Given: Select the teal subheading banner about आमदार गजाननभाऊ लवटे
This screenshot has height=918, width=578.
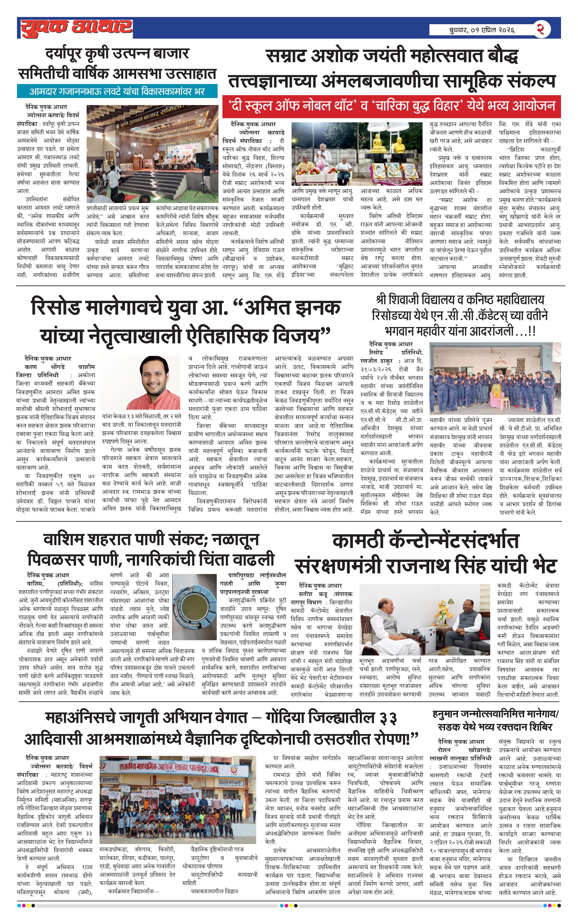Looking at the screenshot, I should [117, 92].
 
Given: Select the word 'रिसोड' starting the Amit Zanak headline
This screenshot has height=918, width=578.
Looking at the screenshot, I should [56, 308].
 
